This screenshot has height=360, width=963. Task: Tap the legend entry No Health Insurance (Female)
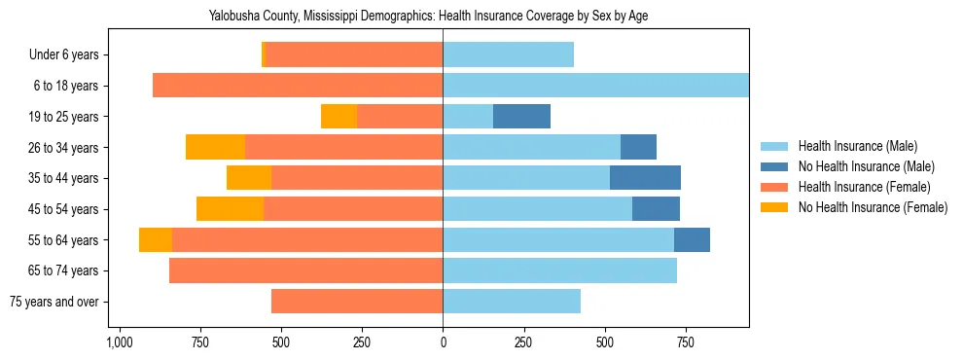pyautogui.click(x=873, y=207)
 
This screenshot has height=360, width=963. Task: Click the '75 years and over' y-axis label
pyautogui.click(x=53, y=302)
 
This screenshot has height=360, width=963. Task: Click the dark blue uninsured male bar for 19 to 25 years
pyautogui.click(x=521, y=116)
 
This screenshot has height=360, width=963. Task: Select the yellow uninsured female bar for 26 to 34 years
pyautogui.click(x=215, y=147)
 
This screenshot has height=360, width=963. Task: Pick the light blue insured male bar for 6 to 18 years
pyautogui.click(x=595, y=85)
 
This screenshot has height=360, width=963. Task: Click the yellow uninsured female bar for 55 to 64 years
pyautogui.click(x=156, y=239)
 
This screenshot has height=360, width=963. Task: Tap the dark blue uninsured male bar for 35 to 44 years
pyautogui.click(x=645, y=177)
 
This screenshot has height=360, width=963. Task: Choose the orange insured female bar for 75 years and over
pyautogui.click(x=357, y=301)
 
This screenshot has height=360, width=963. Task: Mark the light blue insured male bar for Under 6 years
pyautogui.click(x=508, y=54)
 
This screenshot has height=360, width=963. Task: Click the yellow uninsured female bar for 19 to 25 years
pyautogui.click(x=339, y=116)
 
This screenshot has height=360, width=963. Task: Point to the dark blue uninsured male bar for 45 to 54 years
pyautogui.click(x=656, y=208)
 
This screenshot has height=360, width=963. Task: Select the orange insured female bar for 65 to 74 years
pyautogui.click(x=305, y=270)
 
